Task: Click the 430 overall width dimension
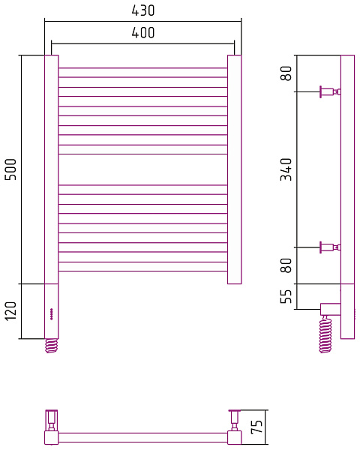[x=143, y=10]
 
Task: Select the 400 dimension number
[x=143, y=33]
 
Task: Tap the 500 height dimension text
[x=11, y=169]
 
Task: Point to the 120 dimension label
[x=11, y=311]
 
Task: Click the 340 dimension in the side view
[x=286, y=169]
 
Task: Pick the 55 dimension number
[x=286, y=296]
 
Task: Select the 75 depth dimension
[x=256, y=427]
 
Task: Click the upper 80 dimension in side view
[x=286, y=73]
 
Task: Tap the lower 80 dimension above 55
[x=286, y=265]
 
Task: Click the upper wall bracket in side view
[x=330, y=91]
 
